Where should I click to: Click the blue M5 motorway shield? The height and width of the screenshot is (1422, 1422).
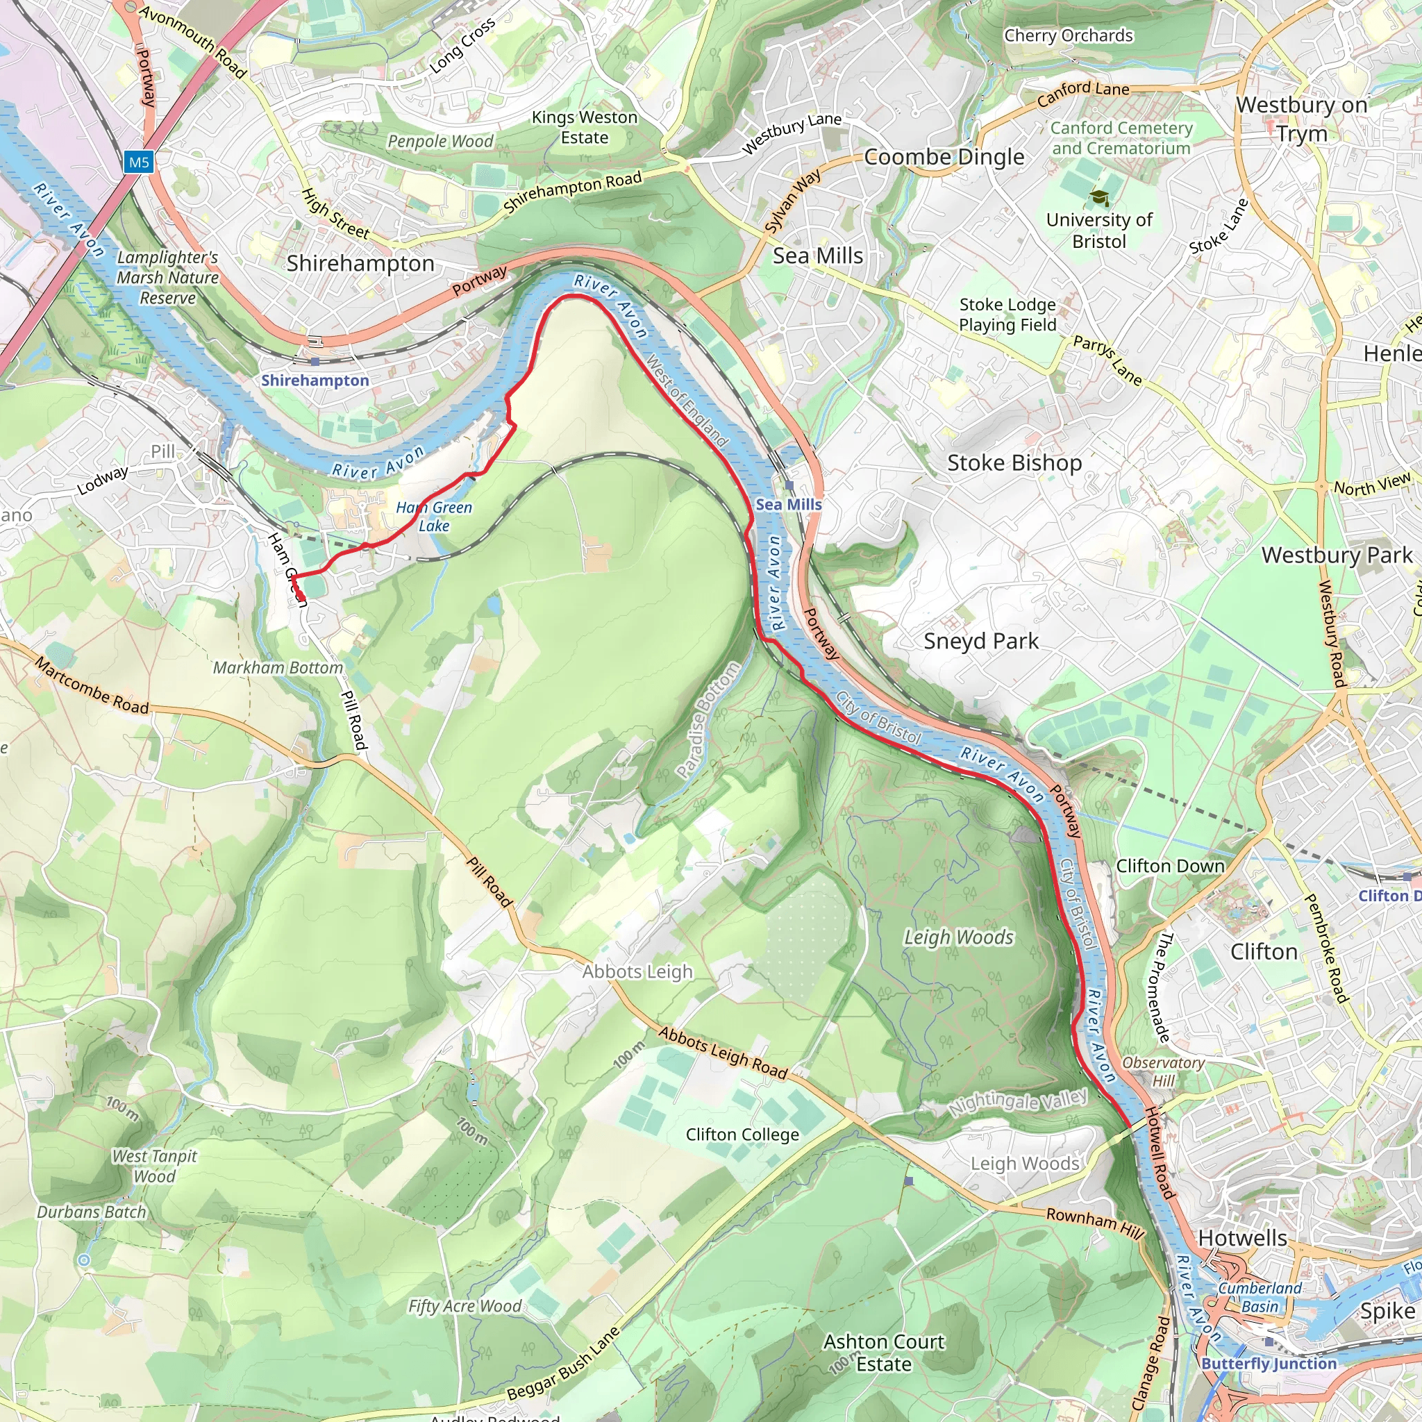tap(138, 162)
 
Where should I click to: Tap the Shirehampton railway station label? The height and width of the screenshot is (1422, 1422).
tap(315, 380)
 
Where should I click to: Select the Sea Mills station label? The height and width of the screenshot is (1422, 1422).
tap(788, 504)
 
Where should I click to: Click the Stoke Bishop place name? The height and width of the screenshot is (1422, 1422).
tap(1014, 463)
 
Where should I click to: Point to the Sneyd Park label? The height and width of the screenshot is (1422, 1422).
tap(980, 641)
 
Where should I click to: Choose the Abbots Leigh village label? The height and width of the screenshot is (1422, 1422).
tap(637, 971)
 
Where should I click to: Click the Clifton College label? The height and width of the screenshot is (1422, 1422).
tap(742, 1135)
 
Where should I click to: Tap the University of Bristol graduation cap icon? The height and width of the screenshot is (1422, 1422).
tap(1099, 197)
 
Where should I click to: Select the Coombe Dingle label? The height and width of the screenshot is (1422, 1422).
tap(944, 157)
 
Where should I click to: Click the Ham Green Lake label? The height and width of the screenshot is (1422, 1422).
tap(434, 516)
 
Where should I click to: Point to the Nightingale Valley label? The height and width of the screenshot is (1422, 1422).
tap(1017, 1102)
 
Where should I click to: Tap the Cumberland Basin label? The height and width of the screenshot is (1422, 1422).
tap(1260, 1297)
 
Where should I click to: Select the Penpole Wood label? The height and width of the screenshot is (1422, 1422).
tap(440, 142)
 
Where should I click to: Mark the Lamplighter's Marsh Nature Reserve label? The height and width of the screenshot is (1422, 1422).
tap(168, 278)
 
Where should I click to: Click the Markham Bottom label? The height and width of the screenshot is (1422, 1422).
tap(278, 667)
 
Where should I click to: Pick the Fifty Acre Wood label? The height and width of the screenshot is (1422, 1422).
tap(465, 1306)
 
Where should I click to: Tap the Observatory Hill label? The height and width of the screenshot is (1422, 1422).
tap(1163, 1071)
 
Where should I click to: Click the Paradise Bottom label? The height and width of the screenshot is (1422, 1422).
tap(708, 720)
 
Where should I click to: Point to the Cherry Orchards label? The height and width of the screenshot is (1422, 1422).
tap(1068, 35)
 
